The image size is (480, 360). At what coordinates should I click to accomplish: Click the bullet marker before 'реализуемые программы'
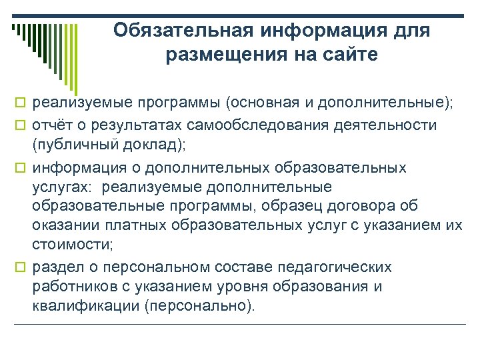pyautogui.click(x=20, y=103)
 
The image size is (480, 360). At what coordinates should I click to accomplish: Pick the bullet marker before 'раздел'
pyautogui.click(x=20, y=268)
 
